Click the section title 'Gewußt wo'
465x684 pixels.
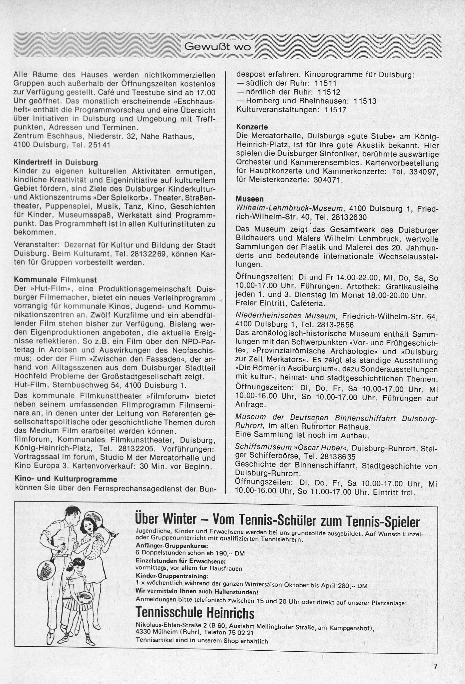[216, 47]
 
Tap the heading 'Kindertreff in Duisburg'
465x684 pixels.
[56, 162]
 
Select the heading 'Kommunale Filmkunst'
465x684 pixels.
[55, 280]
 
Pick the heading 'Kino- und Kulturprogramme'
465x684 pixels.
[65, 479]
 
